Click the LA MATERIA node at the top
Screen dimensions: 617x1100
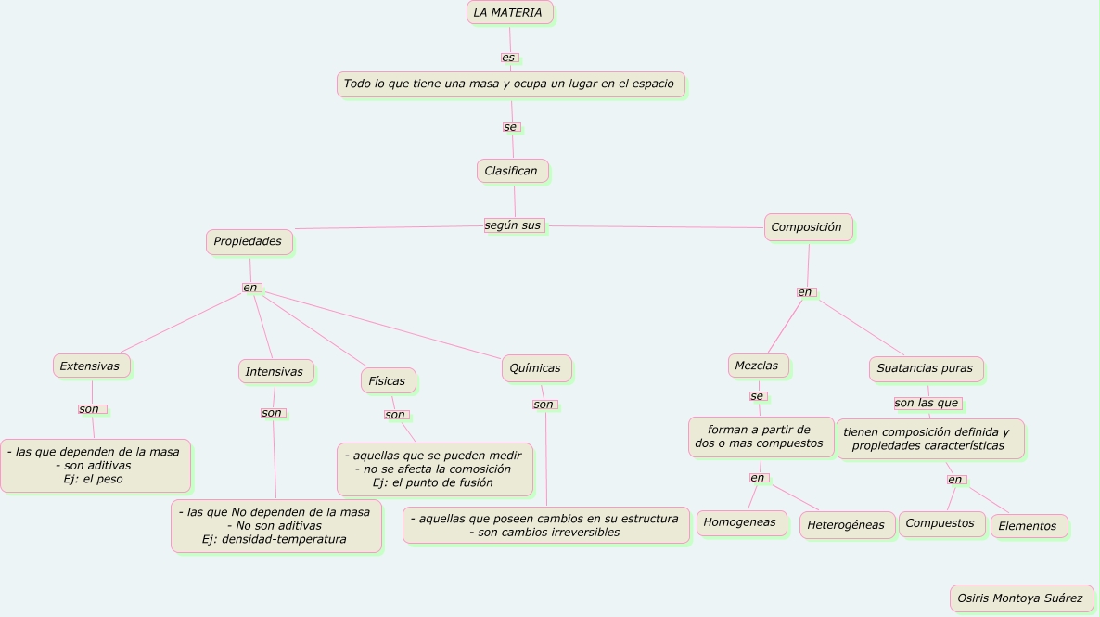(x=509, y=13)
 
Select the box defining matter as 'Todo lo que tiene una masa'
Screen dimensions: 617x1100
(x=510, y=84)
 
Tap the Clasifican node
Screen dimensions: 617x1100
(x=512, y=171)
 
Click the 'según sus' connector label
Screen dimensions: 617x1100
(x=513, y=225)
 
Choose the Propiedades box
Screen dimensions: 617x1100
(x=249, y=242)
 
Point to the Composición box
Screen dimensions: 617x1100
(x=808, y=227)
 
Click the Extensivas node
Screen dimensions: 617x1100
(x=91, y=366)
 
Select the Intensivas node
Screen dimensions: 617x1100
(x=275, y=372)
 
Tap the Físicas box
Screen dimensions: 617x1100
(x=388, y=381)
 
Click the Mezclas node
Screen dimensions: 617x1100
(x=758, y=366)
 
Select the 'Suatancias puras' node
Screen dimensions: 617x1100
(x=926, y=368)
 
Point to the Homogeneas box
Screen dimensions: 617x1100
(x=741, y=523)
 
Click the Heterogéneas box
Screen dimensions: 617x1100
(x=847, y=525)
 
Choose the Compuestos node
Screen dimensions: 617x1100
(x=941, y=523)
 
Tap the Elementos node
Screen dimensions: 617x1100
(x=1029, y=526)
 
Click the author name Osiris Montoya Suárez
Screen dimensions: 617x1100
(x=1021, y=598)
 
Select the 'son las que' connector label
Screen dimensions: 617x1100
(x=927, y=404)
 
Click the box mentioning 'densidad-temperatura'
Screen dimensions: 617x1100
(x=275, y=526)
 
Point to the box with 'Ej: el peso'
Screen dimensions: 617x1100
(x=95, y=466)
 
